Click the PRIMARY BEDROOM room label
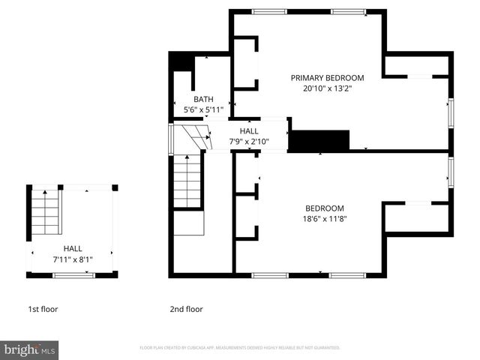pos(327,77)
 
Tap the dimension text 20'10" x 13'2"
pos(327,88)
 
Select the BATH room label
pos(203,99)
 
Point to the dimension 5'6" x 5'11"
pos(203,109)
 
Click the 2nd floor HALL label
pos(249,130)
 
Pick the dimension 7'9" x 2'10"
pos(249,141)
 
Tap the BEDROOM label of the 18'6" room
pos(324,208)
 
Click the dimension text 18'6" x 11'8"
pos(324,219)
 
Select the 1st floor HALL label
pos(73,249)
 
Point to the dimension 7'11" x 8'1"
pos(73,259)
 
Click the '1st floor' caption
pos(43,309)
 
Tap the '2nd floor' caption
pos(186,309)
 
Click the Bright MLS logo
pos(30,349)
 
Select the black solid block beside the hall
pos(319,139)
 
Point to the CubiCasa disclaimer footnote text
pos(240,348)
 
